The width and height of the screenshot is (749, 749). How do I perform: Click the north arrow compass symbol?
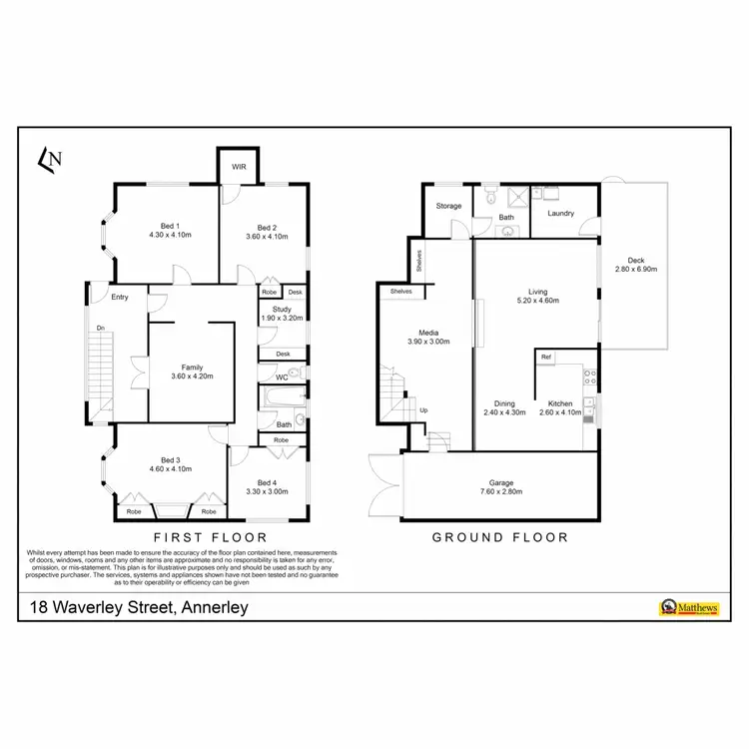[x=51, y=157]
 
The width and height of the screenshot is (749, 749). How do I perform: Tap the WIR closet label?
[x=239, y=167]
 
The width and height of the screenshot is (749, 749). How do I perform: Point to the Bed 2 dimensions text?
[x=267, y=237]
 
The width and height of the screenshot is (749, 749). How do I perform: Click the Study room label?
[x=282, y=310]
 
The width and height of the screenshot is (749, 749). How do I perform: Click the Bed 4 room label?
[x=266, y=482]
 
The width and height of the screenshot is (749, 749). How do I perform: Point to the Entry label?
[x=120, y=297]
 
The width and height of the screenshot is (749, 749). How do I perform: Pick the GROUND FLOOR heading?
[x=499, y=537]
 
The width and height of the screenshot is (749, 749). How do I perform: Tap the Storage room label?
[x=448, y=207]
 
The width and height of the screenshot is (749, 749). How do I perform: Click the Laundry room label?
[x=560, y=213]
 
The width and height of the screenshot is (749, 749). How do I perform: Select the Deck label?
[x=636, y=261]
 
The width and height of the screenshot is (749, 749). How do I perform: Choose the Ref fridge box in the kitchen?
[x=546, y=357]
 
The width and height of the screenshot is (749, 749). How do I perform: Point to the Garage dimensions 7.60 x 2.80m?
[x=499, y=491]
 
